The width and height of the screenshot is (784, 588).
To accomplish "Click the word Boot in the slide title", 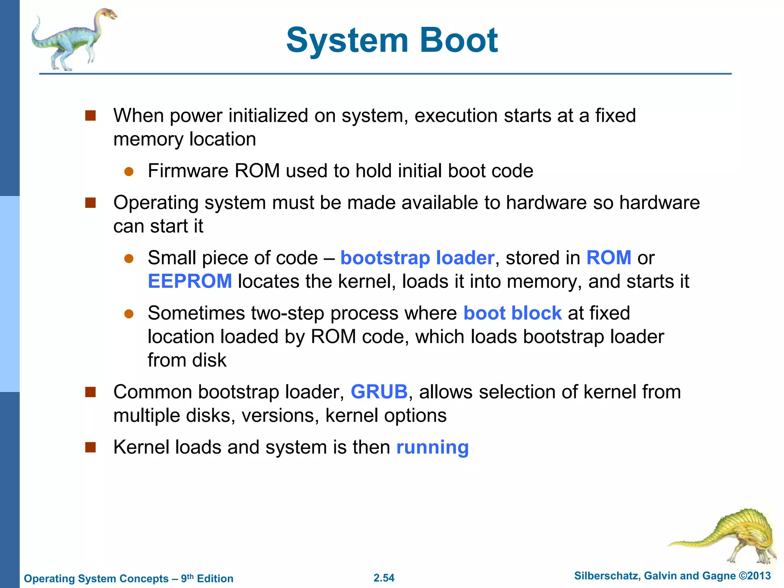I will coord(459,40).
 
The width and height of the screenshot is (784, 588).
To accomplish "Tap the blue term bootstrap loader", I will coord(417,258).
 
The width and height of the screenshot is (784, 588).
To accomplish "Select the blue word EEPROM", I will coord(190,281).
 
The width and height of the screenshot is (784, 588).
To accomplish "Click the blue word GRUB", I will coord(379,392).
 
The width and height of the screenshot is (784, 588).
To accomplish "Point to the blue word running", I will coord(432,447).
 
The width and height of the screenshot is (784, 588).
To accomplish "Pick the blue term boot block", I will coord(512,313).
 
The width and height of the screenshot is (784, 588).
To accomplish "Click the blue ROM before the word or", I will coord(609,258).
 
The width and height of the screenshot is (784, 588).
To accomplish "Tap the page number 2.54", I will coord(384,578).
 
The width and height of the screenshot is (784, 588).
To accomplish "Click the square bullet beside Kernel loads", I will coord(90,447).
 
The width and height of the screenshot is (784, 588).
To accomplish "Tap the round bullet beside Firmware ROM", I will coord(129,171).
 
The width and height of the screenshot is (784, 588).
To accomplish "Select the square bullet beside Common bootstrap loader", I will coord(90,392).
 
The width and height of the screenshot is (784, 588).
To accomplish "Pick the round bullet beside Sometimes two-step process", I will coord(129,314).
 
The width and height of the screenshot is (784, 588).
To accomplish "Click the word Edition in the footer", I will coord(215,578).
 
